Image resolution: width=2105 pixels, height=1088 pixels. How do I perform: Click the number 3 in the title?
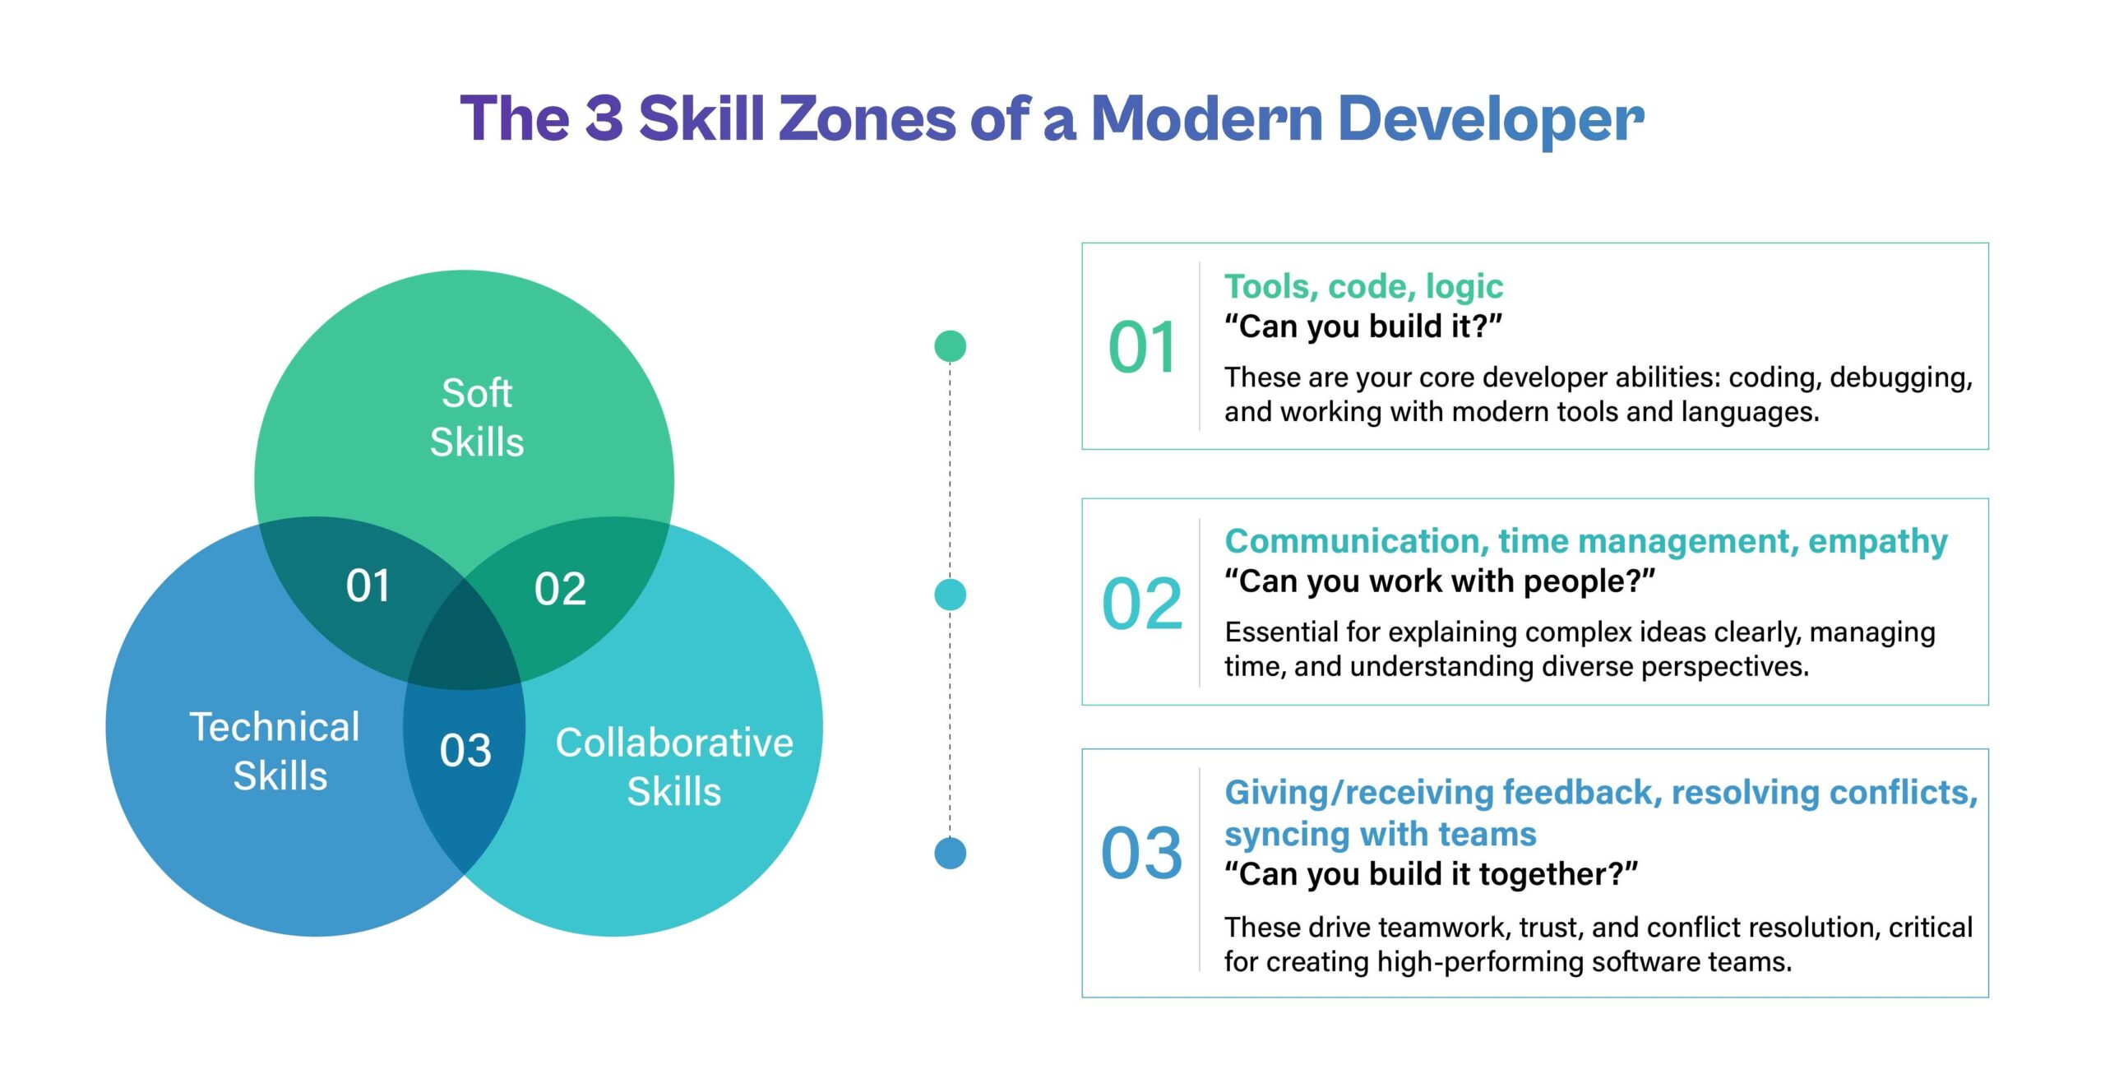pos(604,118)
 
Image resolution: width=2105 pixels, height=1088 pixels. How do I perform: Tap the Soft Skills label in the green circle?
pos(477,417)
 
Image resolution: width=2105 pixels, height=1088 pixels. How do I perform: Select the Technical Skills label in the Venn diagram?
pos(276,750)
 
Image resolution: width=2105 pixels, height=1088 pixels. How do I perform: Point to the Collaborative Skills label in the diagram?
pos(674,766)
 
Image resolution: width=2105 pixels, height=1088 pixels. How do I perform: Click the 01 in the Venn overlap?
pos(368,586)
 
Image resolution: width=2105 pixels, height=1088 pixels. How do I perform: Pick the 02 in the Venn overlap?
pos(560,589)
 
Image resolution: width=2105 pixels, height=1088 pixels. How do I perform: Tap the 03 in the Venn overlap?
pos(465,750)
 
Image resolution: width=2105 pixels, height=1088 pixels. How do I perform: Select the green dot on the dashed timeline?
pos(950,346)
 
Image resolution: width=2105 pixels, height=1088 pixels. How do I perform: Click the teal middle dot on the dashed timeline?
pos(950,595)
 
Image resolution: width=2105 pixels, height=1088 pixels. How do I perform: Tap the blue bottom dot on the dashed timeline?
pos(950,853)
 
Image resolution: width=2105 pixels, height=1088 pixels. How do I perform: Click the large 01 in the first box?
pos(1142,347)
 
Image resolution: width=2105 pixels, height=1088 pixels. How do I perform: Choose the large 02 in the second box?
pos(1142,604)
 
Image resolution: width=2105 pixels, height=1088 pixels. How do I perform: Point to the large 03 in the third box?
pos(1142,853)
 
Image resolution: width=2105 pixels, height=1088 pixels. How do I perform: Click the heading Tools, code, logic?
pos(1363,286)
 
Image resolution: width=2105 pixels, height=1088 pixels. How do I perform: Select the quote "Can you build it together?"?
pos(1431,874)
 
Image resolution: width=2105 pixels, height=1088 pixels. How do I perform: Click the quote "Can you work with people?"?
pos(1439,581)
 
